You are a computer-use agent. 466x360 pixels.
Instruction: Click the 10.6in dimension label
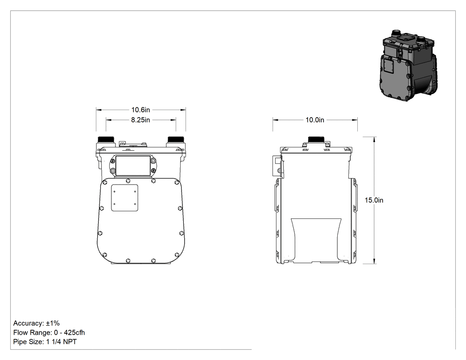(141, 110)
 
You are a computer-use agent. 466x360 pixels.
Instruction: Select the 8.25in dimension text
(141, 120)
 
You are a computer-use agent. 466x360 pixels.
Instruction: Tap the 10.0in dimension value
(315, 120)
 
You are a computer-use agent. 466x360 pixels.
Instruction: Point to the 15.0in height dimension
(374, 200)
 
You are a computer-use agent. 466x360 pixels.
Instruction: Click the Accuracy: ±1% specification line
(36, 323)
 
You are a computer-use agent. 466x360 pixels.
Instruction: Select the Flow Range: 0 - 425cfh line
(49, 332)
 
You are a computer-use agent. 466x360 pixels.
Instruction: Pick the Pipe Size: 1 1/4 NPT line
(45, 342)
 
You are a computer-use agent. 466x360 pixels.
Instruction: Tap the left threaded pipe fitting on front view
(106, 140)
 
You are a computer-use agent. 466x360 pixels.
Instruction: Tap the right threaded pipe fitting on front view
(176, 140)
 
